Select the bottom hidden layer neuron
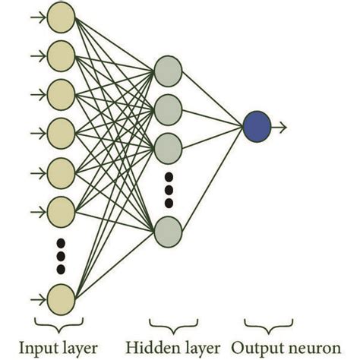tap(167, 231)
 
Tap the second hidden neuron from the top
tap(167, 108)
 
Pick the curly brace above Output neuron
tap(258, 326)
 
